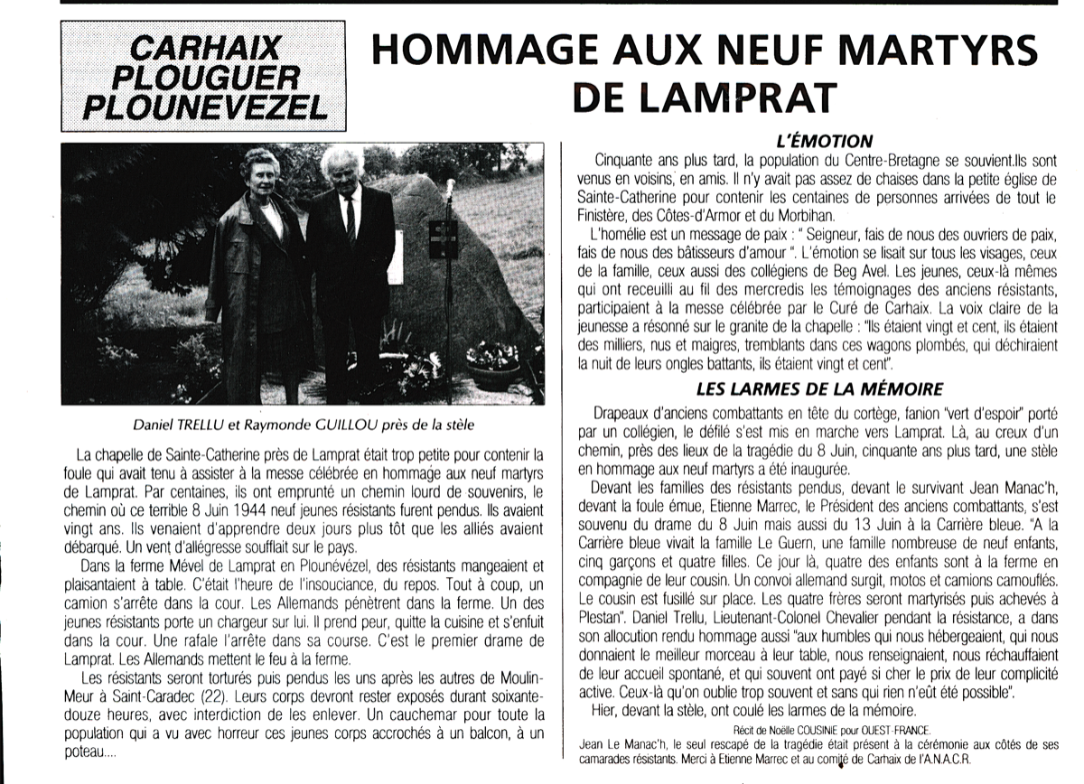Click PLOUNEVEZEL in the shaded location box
[x=204, y=107]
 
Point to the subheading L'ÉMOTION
[x=824, y=141]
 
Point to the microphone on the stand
[x=450, y=189]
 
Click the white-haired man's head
[x=343, y=163]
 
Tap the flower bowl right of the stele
[x=493, y=366]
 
